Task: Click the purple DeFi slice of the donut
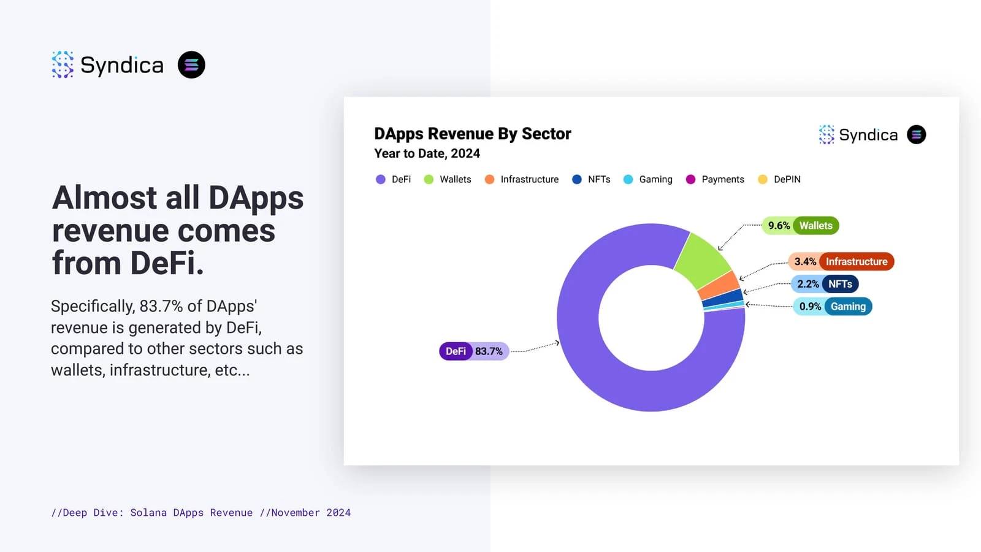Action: point(589,368)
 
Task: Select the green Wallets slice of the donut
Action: point(702,260)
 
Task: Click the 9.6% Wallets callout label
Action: point(800,226)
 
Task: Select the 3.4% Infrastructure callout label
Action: point(841,262)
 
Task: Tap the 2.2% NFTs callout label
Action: point(825,284)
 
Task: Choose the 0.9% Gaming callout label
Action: point(832,307)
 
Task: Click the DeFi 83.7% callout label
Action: point(474,351)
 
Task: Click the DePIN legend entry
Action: point(779,179)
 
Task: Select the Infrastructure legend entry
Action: point(522,179)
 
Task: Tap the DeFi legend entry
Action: point(394,179)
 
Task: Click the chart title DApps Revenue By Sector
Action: point(473,134)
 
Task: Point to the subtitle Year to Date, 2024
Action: point(427,153)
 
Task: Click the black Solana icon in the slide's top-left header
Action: point(191,64)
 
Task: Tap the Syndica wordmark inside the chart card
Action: point(868,135)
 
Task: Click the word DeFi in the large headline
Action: point(167,263)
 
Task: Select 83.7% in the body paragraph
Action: point(161,306)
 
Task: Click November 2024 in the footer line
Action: point(311,513)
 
